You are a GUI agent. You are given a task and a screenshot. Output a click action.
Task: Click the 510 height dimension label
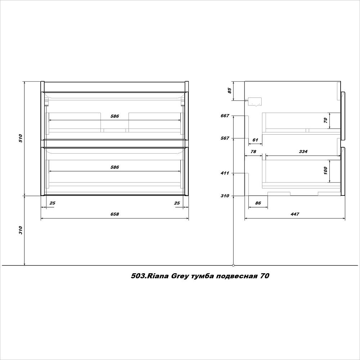tap(21, 138)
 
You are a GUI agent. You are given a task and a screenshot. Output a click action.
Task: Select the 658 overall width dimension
tap(115, 214)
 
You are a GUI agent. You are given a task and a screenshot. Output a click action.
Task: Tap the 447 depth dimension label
tap(295, 214)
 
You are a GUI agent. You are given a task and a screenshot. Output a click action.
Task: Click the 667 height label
tap(225, 116)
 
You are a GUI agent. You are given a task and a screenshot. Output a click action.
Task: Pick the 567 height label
tap(225, 138)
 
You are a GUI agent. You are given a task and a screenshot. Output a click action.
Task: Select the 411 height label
tap(225, 173)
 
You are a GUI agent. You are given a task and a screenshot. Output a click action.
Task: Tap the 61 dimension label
tap(255, 140)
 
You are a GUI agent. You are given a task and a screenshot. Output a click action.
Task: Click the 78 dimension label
tap(253, 152)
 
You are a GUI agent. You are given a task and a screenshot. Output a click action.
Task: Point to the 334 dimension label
tap(303, 152)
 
